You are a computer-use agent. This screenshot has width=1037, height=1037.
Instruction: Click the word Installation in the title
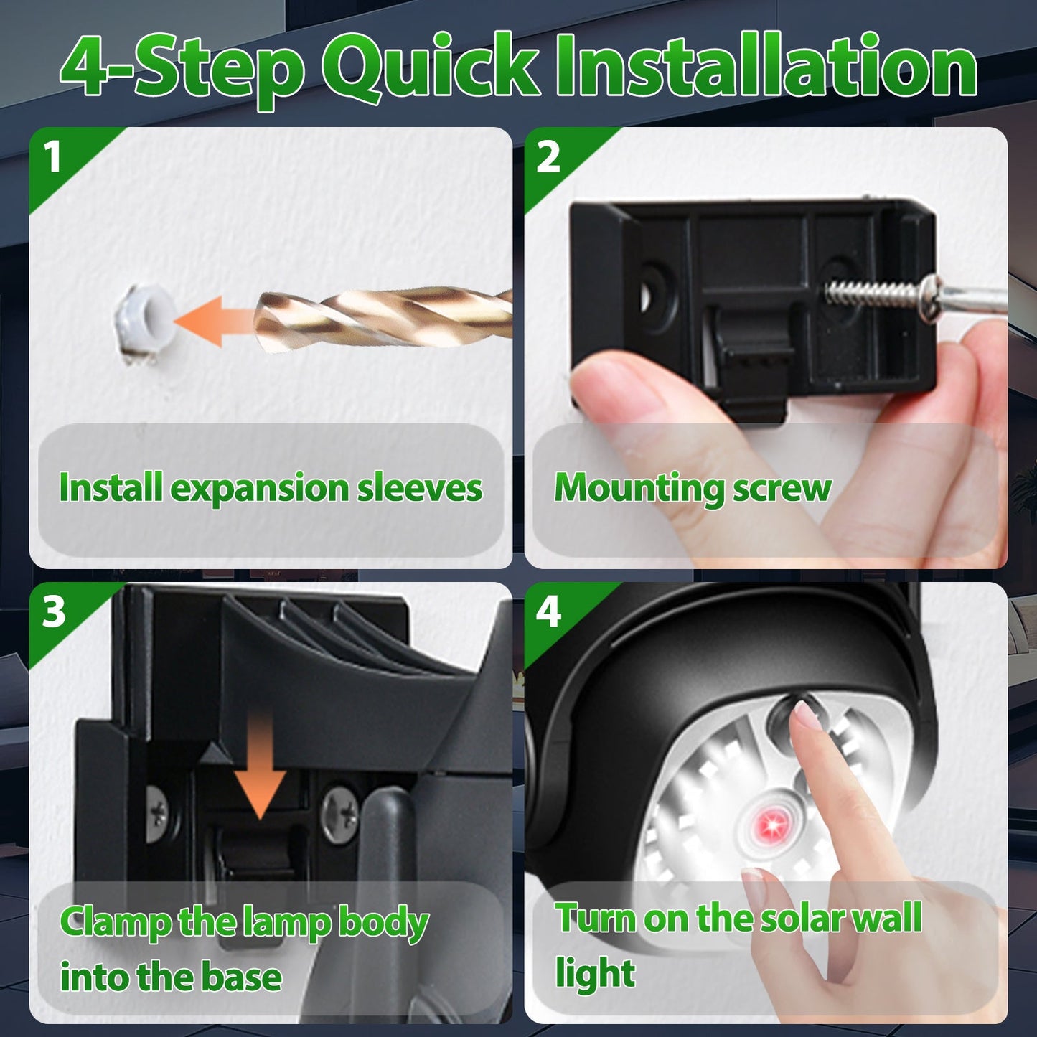[766, 66]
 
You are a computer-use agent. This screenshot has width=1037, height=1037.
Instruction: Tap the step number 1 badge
[52, 156]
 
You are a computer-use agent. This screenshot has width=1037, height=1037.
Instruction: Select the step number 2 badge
[548, 156]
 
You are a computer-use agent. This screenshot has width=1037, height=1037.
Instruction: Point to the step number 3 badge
[54, 612]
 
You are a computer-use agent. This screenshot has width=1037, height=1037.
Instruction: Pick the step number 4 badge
[548, 612]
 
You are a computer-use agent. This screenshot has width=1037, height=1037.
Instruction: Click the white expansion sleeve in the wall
[143, 319]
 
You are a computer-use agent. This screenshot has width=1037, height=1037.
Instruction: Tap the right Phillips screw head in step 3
[339, 814]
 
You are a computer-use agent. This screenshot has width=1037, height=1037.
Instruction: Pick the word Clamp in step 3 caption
[115, 922]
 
